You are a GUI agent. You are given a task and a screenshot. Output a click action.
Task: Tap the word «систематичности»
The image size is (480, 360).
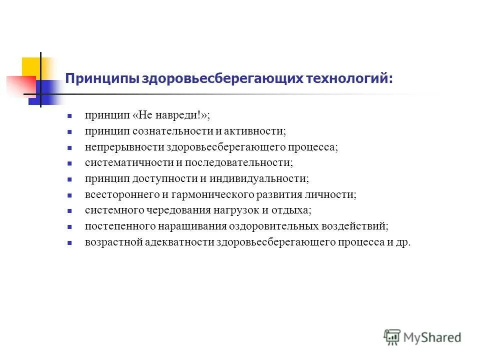118,162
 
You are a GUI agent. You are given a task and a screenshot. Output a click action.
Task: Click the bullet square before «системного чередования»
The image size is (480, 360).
70,211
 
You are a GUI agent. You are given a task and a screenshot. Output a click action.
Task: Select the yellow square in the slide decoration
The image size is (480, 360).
31,67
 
